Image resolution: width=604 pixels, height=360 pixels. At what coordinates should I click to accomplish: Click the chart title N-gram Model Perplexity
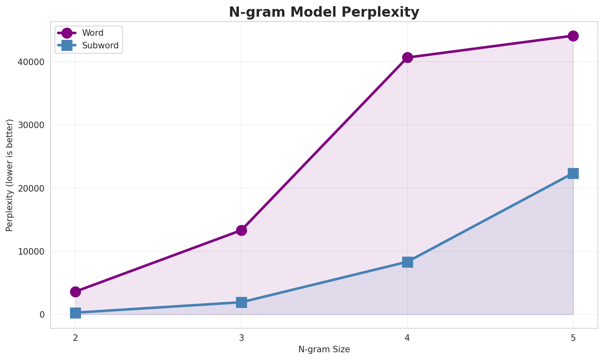click(x=324, y=12)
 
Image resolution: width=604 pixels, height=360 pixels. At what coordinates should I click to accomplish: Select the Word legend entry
click(x=92, y=33)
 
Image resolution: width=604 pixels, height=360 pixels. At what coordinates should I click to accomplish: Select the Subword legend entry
click(x=100, y=46)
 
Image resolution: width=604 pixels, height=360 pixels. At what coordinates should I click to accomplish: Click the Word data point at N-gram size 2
click(x=75, y=292)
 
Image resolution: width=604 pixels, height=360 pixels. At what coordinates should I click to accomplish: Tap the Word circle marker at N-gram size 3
click(x=241, y=230)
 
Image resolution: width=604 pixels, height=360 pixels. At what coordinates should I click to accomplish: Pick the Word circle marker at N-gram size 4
click(x=407, y=57)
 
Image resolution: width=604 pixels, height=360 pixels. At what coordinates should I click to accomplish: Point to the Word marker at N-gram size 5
click(x=573, y=36)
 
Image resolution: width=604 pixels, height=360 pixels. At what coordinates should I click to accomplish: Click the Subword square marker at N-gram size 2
click(x=75, y=313)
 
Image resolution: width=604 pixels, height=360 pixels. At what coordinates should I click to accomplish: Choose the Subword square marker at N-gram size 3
click(x=241, y=302)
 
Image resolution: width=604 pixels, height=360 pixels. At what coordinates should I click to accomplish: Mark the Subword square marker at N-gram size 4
click(x=407, y=262)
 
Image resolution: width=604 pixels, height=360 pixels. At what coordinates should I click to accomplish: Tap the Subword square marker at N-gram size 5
click(x=573, y=173)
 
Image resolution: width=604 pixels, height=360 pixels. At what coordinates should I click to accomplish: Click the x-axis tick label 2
click(x=75, y=338)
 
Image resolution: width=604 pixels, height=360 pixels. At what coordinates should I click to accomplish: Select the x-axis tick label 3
click(x=241, y=338)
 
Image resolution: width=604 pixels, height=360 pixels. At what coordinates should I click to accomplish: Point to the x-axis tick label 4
click(x=407, y=338)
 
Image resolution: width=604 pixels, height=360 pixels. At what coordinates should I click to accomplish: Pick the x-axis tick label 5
click(x=573, y=338)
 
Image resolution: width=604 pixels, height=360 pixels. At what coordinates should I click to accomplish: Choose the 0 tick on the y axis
click(x=42, y=314)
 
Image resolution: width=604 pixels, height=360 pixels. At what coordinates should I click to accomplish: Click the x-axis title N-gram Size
click(x=324, y=349)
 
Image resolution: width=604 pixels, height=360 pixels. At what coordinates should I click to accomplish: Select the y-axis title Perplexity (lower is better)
click(x=10, y=175)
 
